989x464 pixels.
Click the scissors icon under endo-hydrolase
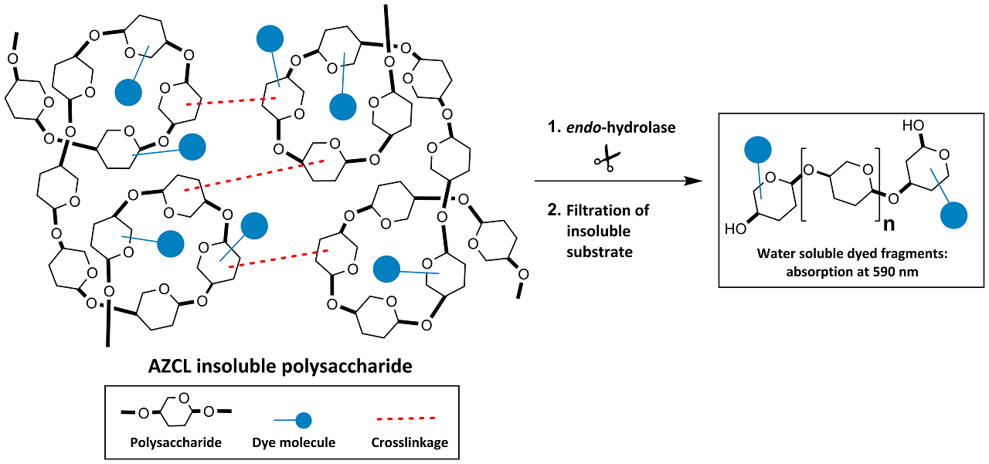[607, 161]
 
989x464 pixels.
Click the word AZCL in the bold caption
[172, 366]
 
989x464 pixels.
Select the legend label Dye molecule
[294, 442]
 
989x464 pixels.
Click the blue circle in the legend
[304, 420]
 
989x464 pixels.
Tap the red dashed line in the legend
[406, 418]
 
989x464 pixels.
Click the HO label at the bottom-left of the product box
[736, 229]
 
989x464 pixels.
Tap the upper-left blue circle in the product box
[760, 151]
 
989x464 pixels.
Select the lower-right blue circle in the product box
[957, 214]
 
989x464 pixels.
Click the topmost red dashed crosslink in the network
[232, 100]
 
